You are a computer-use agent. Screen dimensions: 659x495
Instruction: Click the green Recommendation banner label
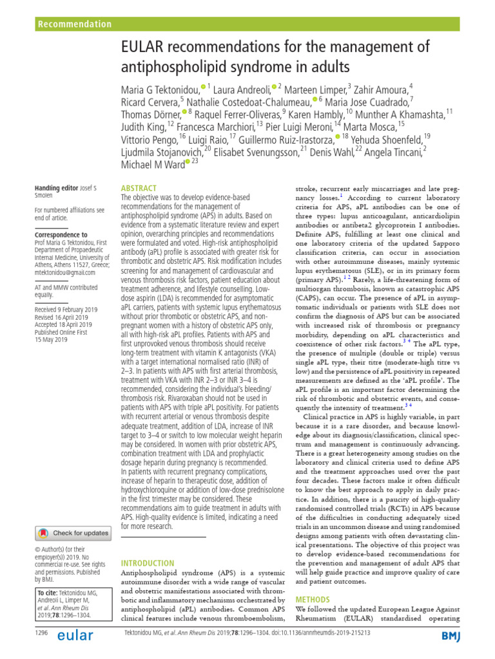click(75, 24)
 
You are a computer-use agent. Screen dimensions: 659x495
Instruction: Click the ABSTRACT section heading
click(139, 188)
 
